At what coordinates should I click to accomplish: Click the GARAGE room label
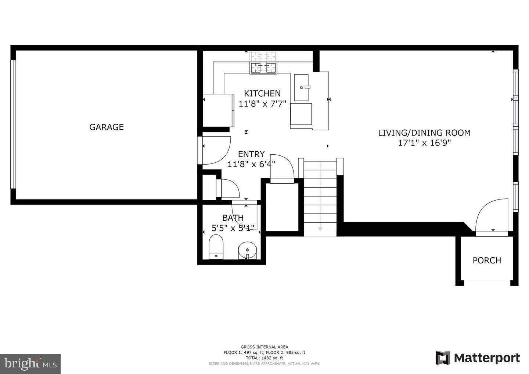point(107,127)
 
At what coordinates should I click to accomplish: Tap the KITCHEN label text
point(262,94)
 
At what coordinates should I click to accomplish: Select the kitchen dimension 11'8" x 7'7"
point(262,104)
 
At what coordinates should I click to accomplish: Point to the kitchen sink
point(301,87)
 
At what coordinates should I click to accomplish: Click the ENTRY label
point(251,154)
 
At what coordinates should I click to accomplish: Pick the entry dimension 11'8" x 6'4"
point(251,164)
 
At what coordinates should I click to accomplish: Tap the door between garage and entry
point(215,150)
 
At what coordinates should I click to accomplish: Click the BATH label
point(233,218)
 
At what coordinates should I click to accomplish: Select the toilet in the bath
point(216,247)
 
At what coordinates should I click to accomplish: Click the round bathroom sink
point(247,250)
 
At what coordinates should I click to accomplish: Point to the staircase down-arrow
point(320,229)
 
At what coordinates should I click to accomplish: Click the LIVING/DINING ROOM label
point(424,133)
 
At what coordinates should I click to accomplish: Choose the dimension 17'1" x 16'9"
point(424,143)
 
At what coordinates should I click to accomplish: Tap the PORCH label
point(487,260)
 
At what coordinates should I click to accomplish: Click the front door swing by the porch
point(492,217)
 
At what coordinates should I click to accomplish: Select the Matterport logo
point(478,358)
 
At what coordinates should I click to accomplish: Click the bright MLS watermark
point(30,364)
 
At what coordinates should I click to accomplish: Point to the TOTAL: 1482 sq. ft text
point(264,358)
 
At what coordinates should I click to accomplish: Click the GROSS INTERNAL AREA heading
point(264,347)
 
